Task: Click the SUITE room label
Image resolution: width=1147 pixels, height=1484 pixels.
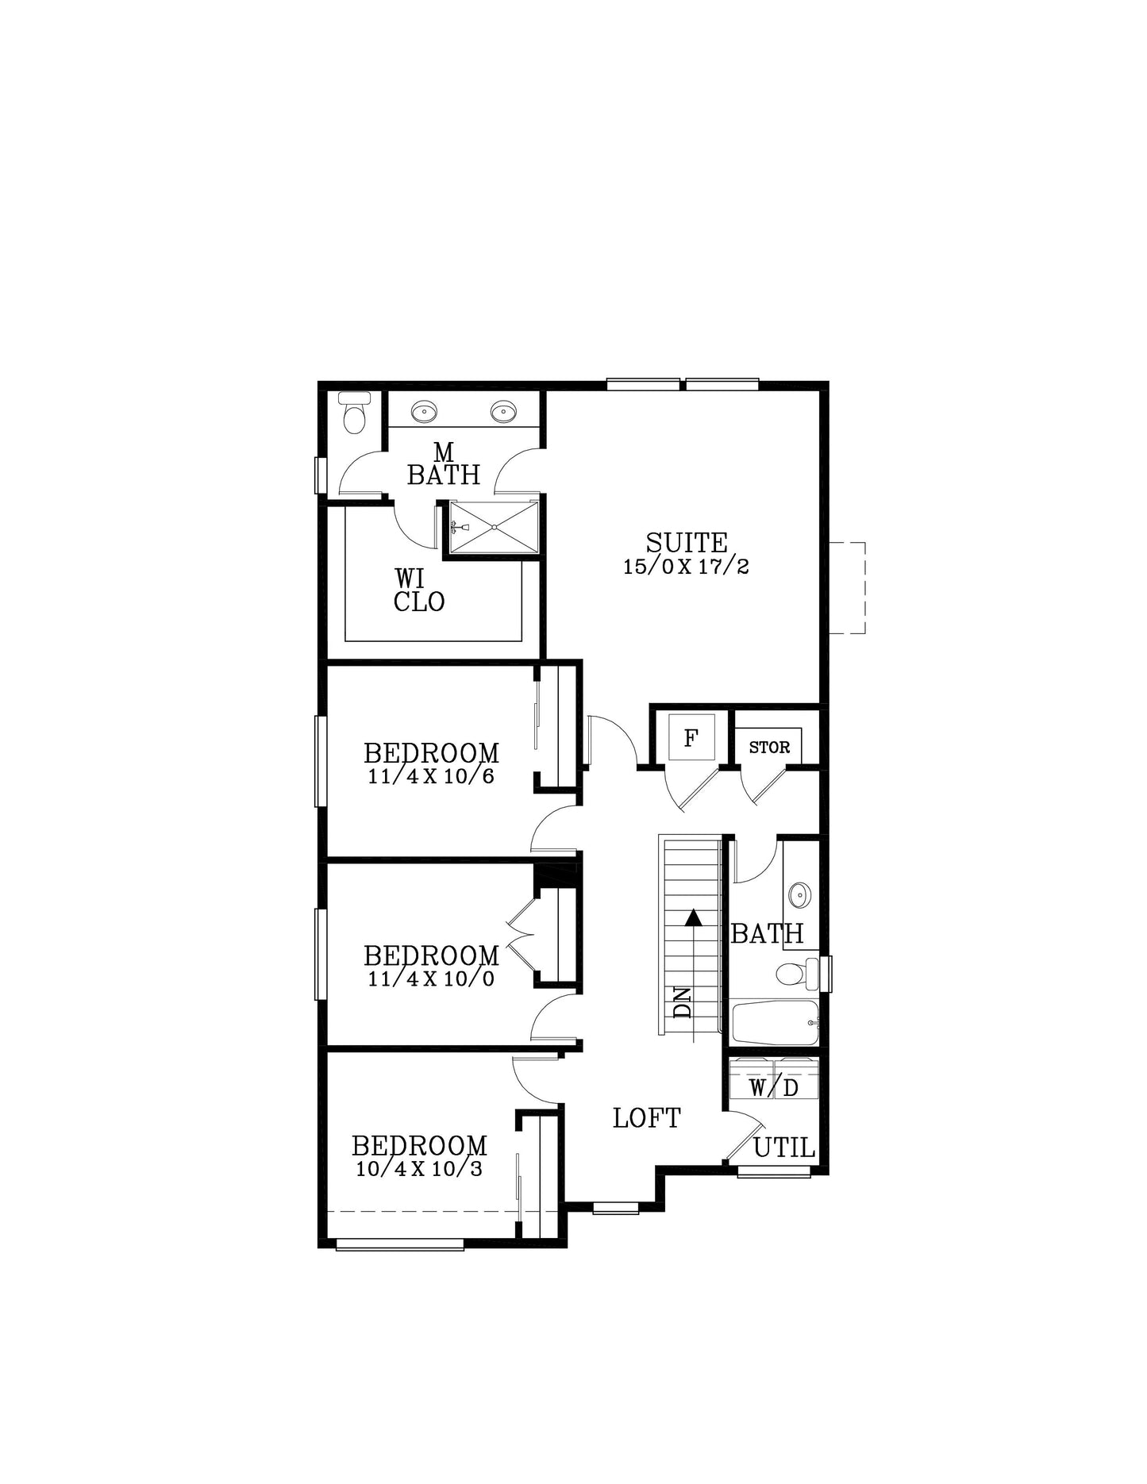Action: point(687,543)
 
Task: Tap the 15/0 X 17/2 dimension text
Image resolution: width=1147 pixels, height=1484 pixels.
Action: point(687,567)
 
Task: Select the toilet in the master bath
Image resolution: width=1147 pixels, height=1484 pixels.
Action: point(354,413)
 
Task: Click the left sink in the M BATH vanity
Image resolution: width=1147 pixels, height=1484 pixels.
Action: point(424,412)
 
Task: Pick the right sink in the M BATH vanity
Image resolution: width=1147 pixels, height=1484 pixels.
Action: point(503,412)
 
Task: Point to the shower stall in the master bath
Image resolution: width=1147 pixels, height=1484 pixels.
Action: point(494,527)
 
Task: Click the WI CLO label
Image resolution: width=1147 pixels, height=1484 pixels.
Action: point(419,590)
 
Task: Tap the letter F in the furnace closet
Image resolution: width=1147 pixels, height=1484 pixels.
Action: point(691,739)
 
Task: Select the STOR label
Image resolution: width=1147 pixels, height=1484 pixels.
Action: point(769,748)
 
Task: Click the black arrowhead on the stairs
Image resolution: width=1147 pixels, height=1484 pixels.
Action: point(694,917)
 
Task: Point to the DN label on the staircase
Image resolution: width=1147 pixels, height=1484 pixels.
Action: point(682,1003)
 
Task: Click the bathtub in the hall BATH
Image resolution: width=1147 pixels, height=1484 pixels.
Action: point(775,1023)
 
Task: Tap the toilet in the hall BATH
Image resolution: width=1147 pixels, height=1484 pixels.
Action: point(796,974)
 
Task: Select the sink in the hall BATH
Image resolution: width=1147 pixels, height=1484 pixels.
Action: point(799,894)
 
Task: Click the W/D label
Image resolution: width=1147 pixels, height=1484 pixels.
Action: point(774,1087)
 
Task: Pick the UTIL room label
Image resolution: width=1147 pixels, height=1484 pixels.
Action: point(784,1148)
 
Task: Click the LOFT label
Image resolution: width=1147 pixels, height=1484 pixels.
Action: point(647,1118)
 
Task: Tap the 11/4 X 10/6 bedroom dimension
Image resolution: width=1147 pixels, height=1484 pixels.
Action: point(431,776)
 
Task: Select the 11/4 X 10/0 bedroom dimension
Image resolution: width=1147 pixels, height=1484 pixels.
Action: point(431,978)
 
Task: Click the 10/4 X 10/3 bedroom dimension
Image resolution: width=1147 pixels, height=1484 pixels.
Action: point(419,1168)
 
